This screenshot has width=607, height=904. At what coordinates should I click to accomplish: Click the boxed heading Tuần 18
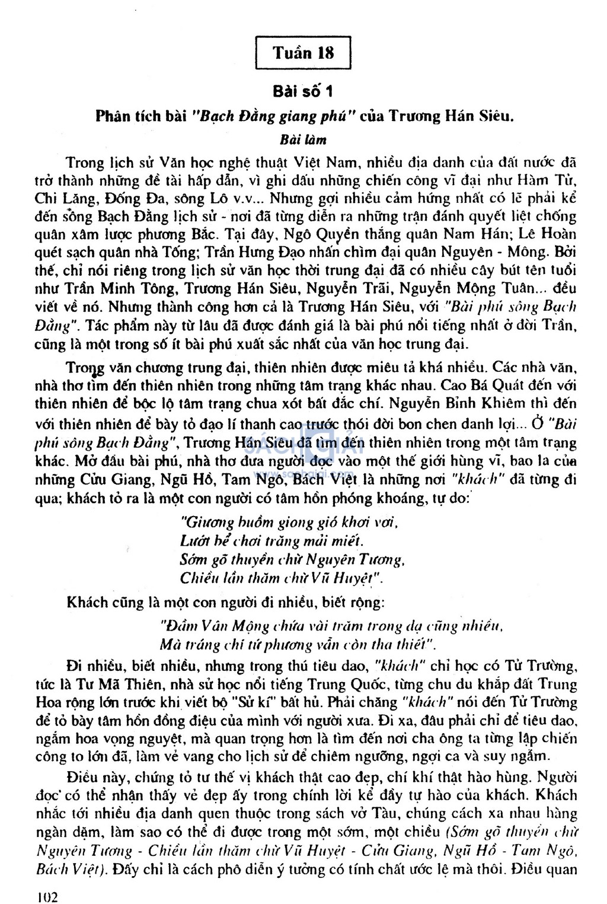303,53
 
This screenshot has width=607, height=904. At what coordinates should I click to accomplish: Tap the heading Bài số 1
303,91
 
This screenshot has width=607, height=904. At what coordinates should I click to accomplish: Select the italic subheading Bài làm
303,141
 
